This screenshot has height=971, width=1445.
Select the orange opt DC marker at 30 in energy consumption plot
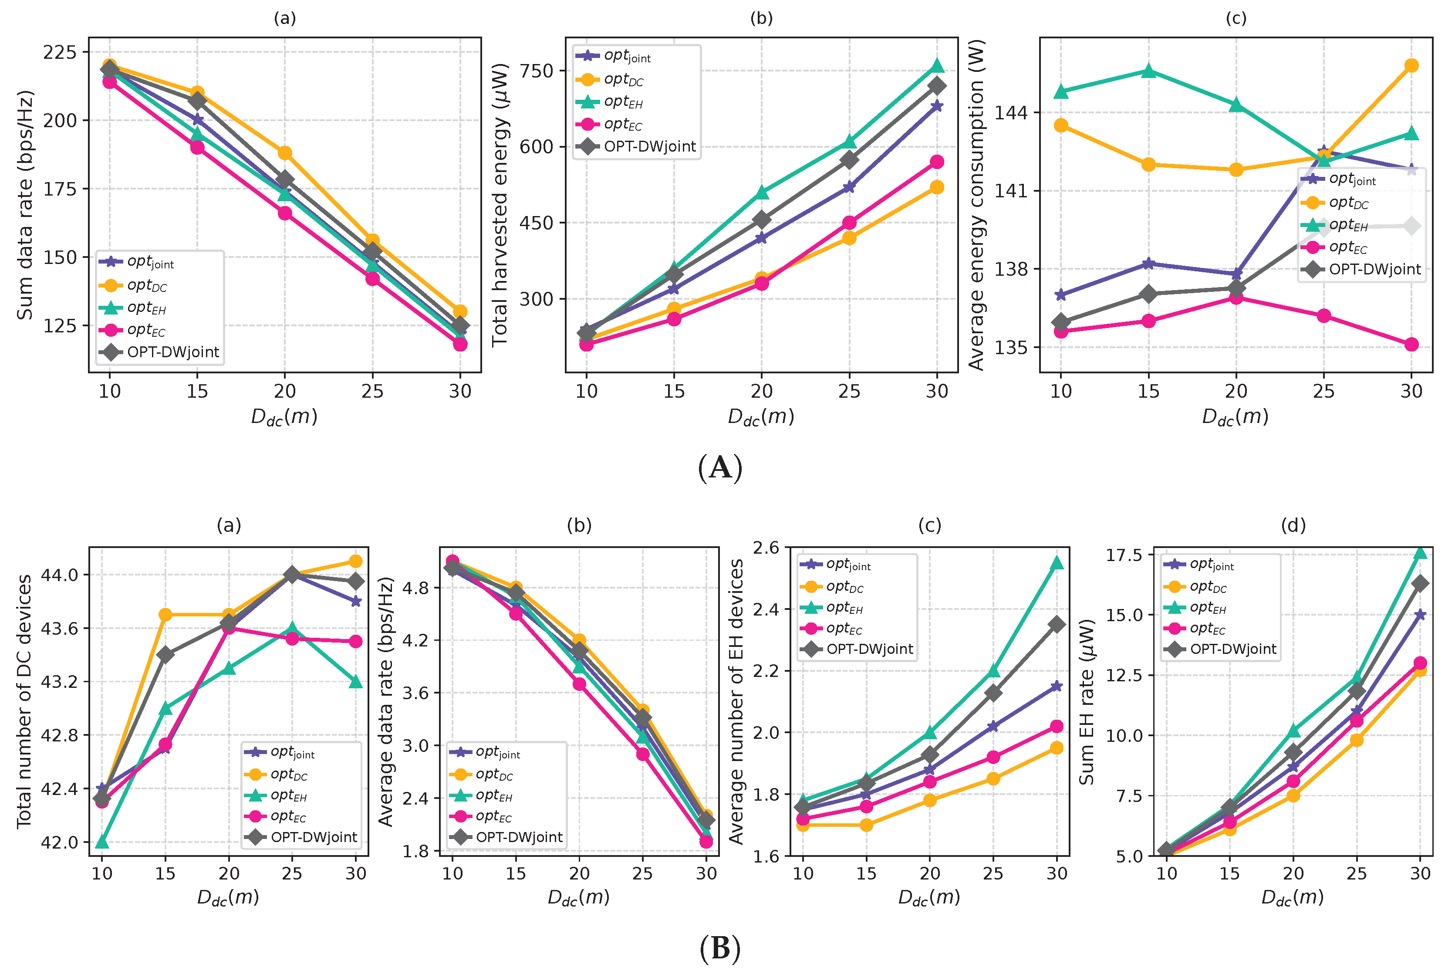pyautogui.click(x=1411, y=66)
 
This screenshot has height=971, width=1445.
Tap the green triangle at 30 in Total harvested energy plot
pyautogui.click(x=937, y=66)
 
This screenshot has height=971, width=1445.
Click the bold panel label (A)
pyautogui.click(x=719, y=468)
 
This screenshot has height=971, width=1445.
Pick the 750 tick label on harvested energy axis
pyautogui.click(x=536, y=71)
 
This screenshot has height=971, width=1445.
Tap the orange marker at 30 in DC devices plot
pyautogui.click(x=355, y=561)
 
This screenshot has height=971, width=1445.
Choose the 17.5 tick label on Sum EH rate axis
pyautogui.click(x=1125, y=555)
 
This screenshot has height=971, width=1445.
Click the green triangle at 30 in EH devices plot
pyautogui.click(x=1057, y=563)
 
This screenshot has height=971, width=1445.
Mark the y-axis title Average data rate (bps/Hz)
pyautogui.click(x=386, y=702)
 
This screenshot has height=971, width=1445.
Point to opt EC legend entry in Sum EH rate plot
pyautogui.click(x=1207, y=629)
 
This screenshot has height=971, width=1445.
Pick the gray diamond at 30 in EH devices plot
pyautogui.click(x=1057, y=624)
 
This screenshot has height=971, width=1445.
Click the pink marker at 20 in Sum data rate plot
pyautogui.click(x=285, y=213)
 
